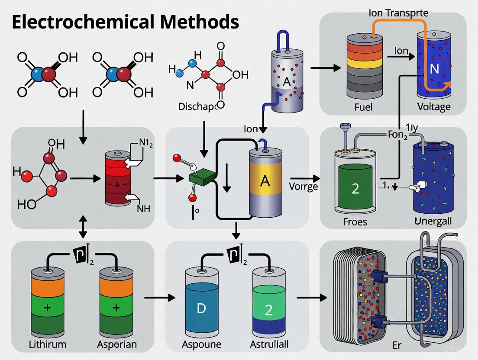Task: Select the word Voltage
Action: click(433, 107)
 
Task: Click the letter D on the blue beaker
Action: click(201, 309)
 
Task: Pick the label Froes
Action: click(355, 222)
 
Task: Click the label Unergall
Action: click(433, 221)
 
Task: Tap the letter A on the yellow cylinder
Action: click(265, 181)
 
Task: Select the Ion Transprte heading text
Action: click(398, 13)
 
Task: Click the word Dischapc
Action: click(197, 106)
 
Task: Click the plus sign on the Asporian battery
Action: click(115, 308)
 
